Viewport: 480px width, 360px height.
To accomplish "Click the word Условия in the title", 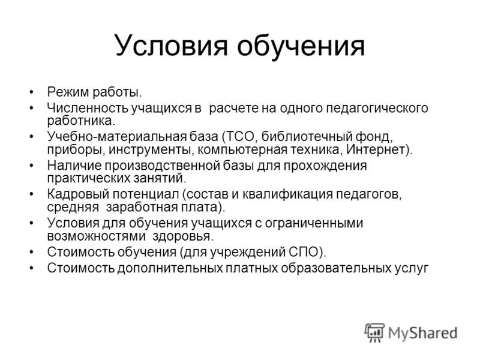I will pos(167,46).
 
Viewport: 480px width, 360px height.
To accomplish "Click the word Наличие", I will pos(73,165).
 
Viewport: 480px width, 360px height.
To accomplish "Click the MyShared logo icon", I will pos(374,332).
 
